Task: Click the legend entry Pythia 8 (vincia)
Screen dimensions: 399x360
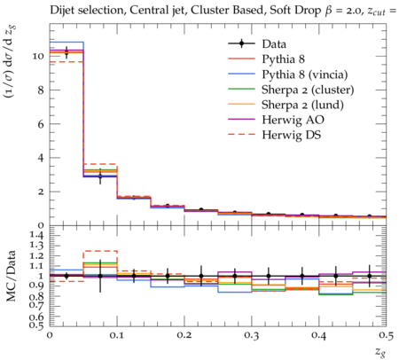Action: (x=305, y=74)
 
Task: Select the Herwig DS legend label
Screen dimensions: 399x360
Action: (x=292, y=135)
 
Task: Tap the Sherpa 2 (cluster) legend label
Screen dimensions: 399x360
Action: (x=308, y=90)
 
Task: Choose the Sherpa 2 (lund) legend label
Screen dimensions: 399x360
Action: (x=302, y=105)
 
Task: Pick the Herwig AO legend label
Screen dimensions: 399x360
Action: (x=293, y=120)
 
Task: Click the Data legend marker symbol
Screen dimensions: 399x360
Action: (x=241, y=44)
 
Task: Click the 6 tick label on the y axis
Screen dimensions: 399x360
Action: (x=41, y=124)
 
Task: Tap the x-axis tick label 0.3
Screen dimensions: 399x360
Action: (x=252, y=336)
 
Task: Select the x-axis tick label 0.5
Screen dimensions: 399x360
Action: (x=386, y=336)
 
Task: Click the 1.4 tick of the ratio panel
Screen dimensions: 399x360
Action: (x=37, y=236)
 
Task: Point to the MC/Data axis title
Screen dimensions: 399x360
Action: (x=12, y=276)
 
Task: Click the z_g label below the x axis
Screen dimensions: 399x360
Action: (x=381, y=351)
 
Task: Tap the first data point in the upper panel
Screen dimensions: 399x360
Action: (x=66, y=52)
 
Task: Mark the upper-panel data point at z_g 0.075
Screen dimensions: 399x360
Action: (x=100, y=176)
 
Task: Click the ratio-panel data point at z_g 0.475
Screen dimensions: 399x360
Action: (x=369, y=276)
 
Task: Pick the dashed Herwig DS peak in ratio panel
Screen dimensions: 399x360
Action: (x=100, y=251)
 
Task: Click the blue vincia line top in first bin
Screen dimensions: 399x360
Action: (x=66, y=43)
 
